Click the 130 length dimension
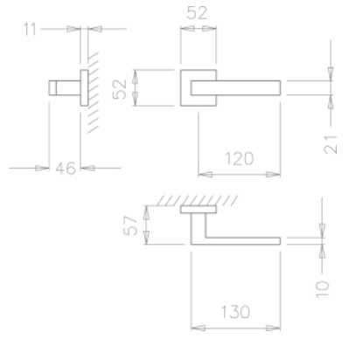click(234, 310)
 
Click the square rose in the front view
click(187, 89)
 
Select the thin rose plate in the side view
click(82, 88)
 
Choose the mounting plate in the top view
click(199, 211)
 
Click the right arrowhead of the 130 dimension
click(274, 328)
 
